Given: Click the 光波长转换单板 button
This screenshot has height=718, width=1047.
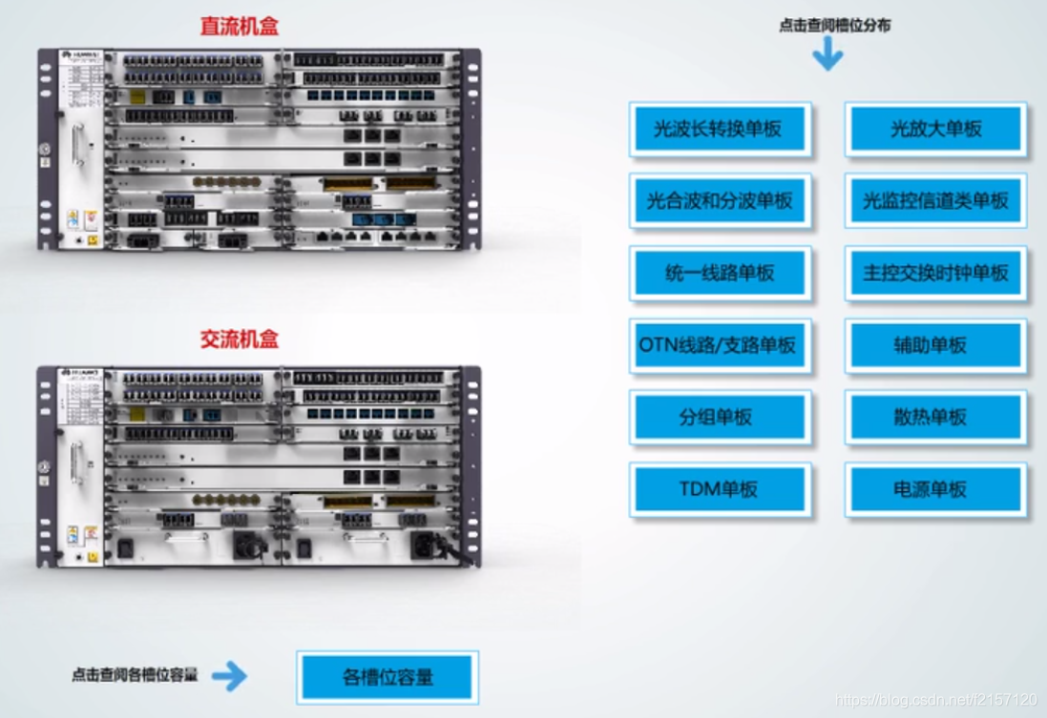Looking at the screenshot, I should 720,130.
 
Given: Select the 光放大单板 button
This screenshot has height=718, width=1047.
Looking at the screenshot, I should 935,130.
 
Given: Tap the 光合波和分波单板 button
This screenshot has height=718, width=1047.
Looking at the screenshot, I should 720,201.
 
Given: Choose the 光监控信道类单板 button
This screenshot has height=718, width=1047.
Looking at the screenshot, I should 935,201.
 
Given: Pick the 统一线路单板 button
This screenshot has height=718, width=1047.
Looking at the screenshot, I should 720,274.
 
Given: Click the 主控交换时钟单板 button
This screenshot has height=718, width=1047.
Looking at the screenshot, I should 935,274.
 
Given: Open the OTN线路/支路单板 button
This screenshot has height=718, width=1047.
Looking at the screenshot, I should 720,345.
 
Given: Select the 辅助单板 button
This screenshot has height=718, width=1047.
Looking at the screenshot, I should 935,345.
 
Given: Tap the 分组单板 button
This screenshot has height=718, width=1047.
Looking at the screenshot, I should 720,418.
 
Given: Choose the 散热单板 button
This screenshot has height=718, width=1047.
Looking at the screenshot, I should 935,418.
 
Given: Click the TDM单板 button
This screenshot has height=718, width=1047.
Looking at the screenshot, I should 720,490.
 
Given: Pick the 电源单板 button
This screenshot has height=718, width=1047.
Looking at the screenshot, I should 935,490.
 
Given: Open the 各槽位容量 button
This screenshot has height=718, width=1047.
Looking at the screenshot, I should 387,678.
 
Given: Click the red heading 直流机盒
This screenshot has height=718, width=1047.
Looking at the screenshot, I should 239,26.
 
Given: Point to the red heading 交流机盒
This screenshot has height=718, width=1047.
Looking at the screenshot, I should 239,339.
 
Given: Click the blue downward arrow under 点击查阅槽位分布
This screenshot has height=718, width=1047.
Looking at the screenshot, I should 827,55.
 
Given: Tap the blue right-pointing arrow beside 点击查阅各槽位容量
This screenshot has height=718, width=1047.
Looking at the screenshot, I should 229,677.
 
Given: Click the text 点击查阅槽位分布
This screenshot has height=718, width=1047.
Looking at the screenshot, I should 835,26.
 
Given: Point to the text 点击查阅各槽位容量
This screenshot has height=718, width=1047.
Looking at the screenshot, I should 135,675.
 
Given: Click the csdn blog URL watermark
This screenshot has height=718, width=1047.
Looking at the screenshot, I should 936,701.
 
